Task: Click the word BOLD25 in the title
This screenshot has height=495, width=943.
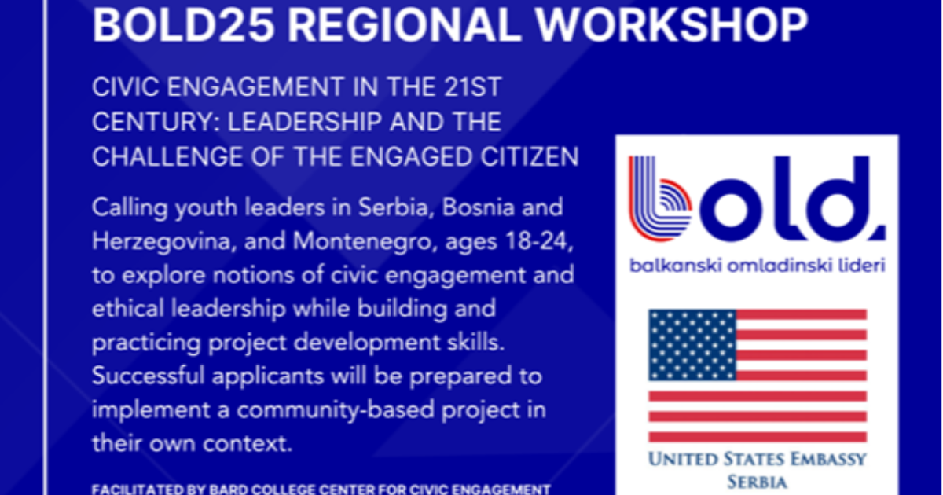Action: click(x=184, y=24)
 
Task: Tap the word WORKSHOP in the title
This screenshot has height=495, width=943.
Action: click(x=672, y=24)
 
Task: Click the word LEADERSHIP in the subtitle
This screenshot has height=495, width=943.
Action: click(x=305, y=122)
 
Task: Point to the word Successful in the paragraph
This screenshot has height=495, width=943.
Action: click(x=149, y=376)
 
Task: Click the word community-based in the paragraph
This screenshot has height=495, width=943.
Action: click(x=336, y=410)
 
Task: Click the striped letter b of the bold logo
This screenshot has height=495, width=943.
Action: click(x=660, y=199)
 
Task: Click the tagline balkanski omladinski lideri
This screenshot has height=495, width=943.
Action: click(x=757, y=266)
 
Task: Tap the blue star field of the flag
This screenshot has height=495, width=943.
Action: click(x=692, y=345)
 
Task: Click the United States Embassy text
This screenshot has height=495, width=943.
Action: click(x=757, y=459)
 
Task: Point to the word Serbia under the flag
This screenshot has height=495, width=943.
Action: click(x=757, y=482)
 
